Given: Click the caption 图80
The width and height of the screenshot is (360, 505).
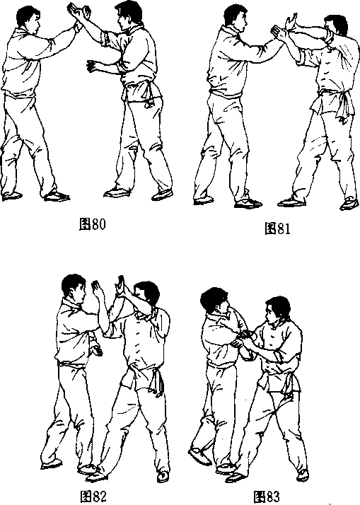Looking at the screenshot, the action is point(92,224).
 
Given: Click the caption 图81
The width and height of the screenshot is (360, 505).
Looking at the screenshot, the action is point(277,228).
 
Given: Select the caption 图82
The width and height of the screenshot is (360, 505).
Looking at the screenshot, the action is point(93,496).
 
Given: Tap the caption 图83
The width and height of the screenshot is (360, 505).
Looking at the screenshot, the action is point(267,497).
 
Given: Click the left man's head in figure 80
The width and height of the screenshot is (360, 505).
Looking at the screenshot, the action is point(29,19).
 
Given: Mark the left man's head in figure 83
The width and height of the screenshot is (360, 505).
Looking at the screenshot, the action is point(215,302).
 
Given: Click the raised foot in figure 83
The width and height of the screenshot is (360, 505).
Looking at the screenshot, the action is point(199,455).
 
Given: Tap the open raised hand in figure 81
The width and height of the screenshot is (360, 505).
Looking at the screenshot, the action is point(291,22).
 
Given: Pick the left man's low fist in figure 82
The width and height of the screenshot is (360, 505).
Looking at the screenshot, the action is point(96,350).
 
